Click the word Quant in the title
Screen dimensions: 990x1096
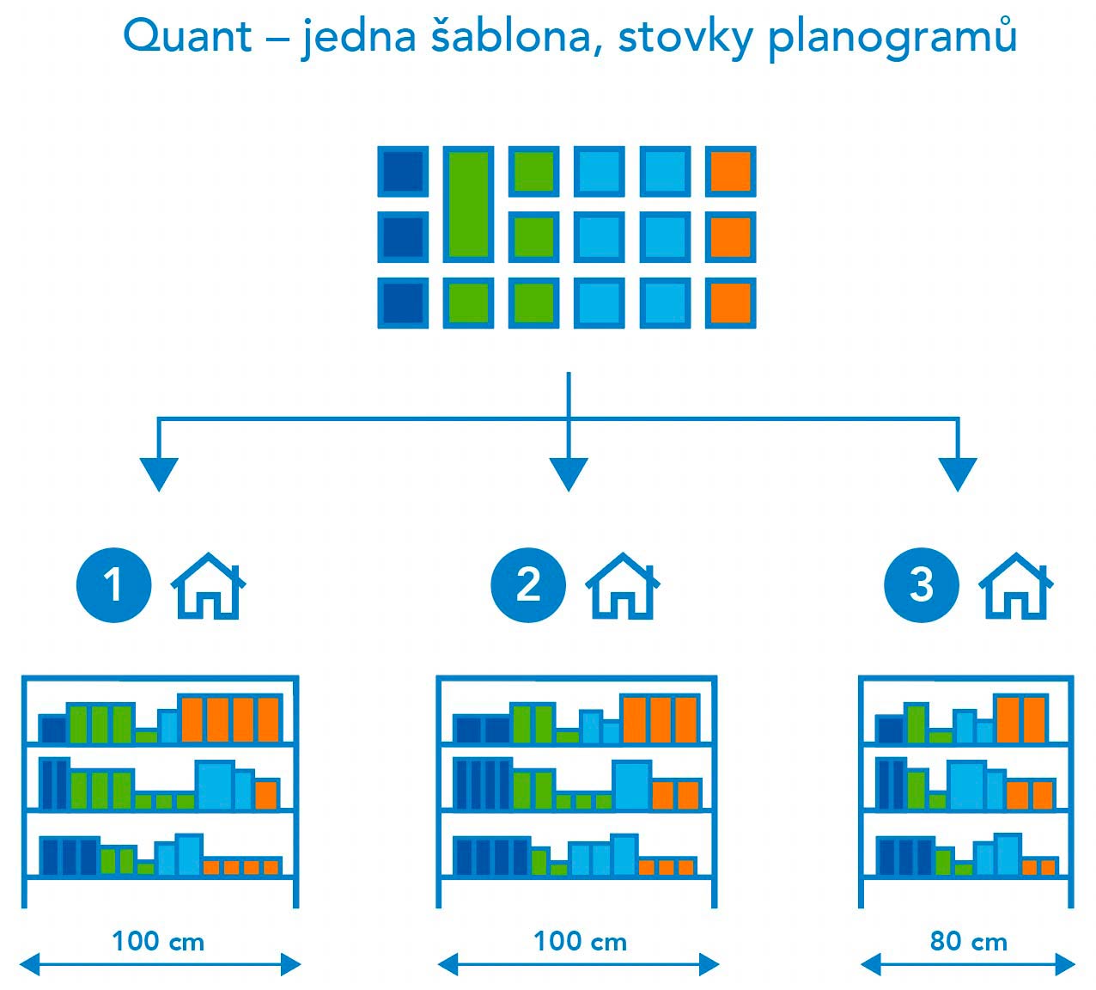tap(187, 36)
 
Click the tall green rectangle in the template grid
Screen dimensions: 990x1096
tap(468, 205)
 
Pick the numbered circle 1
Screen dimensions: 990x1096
tap(113, 585)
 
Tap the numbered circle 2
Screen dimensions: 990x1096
tap(528, 585)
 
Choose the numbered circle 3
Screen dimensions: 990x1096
tap(921, 585)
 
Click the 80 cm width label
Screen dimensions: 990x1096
tap(968, 942)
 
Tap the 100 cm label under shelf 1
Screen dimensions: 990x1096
tap(158, 941)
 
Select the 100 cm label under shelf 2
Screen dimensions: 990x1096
tap(580, 941)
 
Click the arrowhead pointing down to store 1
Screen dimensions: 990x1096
tap(158, 474)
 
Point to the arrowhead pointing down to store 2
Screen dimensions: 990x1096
tap(568, 474)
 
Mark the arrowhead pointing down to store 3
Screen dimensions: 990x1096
tap(958, 474)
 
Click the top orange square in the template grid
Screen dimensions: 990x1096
tap(731, 171)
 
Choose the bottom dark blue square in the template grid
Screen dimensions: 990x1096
tap(403, 302)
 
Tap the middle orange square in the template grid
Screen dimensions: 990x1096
tap(731, 236)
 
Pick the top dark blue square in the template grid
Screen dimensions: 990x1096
tap(403, 171)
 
